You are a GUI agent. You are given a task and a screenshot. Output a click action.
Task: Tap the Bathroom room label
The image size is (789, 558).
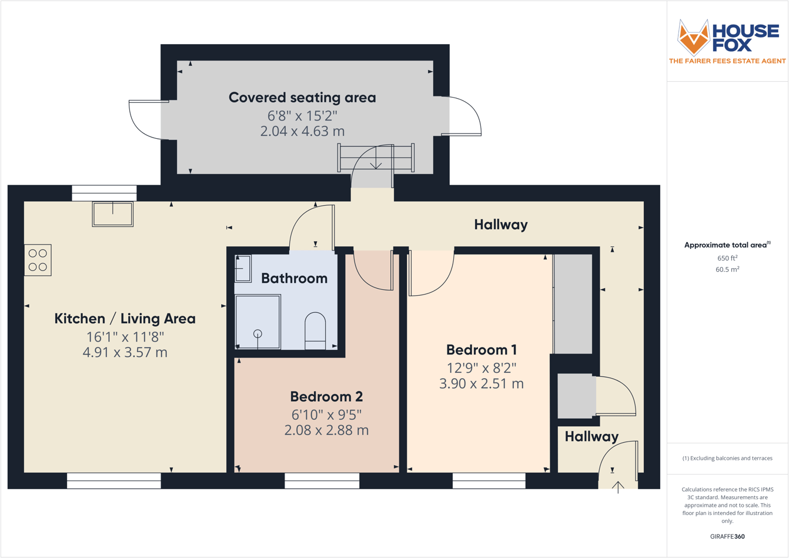[x=294, y=278]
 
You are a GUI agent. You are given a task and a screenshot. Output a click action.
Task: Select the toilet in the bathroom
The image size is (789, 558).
[x=315, y=330]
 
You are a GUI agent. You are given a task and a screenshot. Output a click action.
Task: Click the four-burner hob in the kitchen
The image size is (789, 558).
[x=38, y=260]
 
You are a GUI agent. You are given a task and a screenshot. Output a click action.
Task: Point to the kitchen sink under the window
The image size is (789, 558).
[x=113, y=214]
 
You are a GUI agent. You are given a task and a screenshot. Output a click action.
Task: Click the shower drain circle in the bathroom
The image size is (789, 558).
[x=258, y=333]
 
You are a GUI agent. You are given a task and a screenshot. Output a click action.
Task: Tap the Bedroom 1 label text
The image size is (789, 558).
[x=481, y=350]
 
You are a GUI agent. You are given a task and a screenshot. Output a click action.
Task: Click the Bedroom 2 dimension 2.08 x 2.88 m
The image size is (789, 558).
[x=326, y=430]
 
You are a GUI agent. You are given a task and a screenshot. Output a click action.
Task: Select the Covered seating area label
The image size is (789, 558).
[x=302, y=98]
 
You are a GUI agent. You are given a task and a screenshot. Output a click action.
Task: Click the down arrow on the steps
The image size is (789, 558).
[x=376, y=158]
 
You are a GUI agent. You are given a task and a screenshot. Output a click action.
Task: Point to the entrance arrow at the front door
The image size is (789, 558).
[x=618, y=487]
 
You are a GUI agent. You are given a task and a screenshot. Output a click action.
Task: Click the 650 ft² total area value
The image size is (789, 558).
[x=727, y=258]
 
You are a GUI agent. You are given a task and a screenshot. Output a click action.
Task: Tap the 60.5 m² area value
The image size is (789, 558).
[x=727, y=269]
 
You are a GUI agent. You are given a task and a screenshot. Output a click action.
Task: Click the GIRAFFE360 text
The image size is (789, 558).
[x=727, y=536]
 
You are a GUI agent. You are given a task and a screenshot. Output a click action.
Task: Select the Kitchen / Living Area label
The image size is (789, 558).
[x=125, y=319]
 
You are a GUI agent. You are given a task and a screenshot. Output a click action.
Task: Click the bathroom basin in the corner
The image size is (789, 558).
[x=243, y=269]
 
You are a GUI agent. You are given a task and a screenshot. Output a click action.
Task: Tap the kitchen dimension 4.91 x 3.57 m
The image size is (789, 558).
[x=125, y=352]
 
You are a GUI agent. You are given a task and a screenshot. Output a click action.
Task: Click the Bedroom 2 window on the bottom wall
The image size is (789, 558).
[x=322, y=481]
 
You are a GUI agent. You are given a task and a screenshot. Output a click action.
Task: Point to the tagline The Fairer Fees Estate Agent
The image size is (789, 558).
[x=727, y=61]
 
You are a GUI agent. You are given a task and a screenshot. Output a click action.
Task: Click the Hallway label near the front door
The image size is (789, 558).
[x=591, y=436]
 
